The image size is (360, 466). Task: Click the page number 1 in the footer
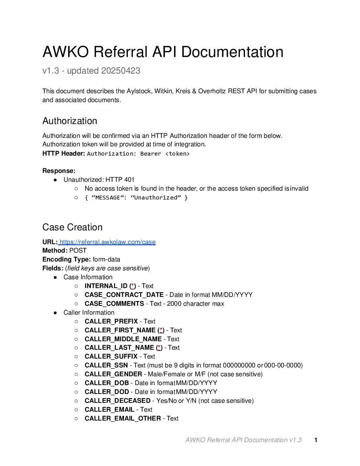click(x=316, y=440)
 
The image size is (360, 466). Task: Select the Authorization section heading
click(x=70, y=121)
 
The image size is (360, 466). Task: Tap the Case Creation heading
click(x=72, y=227)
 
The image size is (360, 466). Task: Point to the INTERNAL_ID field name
click(x=106, y=286)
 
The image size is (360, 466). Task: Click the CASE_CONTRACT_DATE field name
click(x=124, y=295)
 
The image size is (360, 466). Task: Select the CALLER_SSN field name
click(x=106, y=365)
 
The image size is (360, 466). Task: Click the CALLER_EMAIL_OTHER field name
click(x=123, y=419)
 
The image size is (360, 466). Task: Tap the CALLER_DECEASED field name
click(x=117, y=401)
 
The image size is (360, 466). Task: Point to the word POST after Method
click(x=78, y=251)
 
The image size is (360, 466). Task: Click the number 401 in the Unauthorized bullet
click(x=129, y=180)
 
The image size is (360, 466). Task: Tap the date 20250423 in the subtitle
click(x=121, y=71)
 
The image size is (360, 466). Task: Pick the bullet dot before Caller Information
click(x=55, y=313)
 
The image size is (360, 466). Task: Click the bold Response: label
click(x=59, y=171)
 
